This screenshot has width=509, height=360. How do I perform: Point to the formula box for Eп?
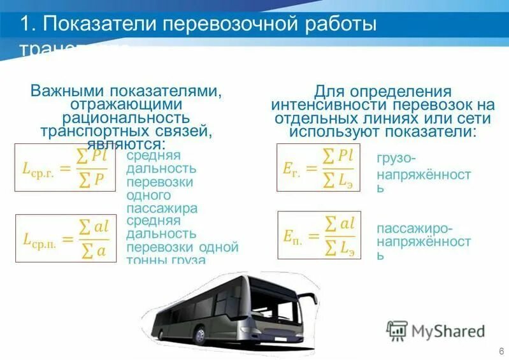pos(319,235)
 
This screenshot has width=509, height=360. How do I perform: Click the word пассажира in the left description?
pos(161,208)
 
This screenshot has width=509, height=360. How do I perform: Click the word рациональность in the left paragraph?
pos(125,118)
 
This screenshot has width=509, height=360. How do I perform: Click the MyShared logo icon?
pos(397,331)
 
